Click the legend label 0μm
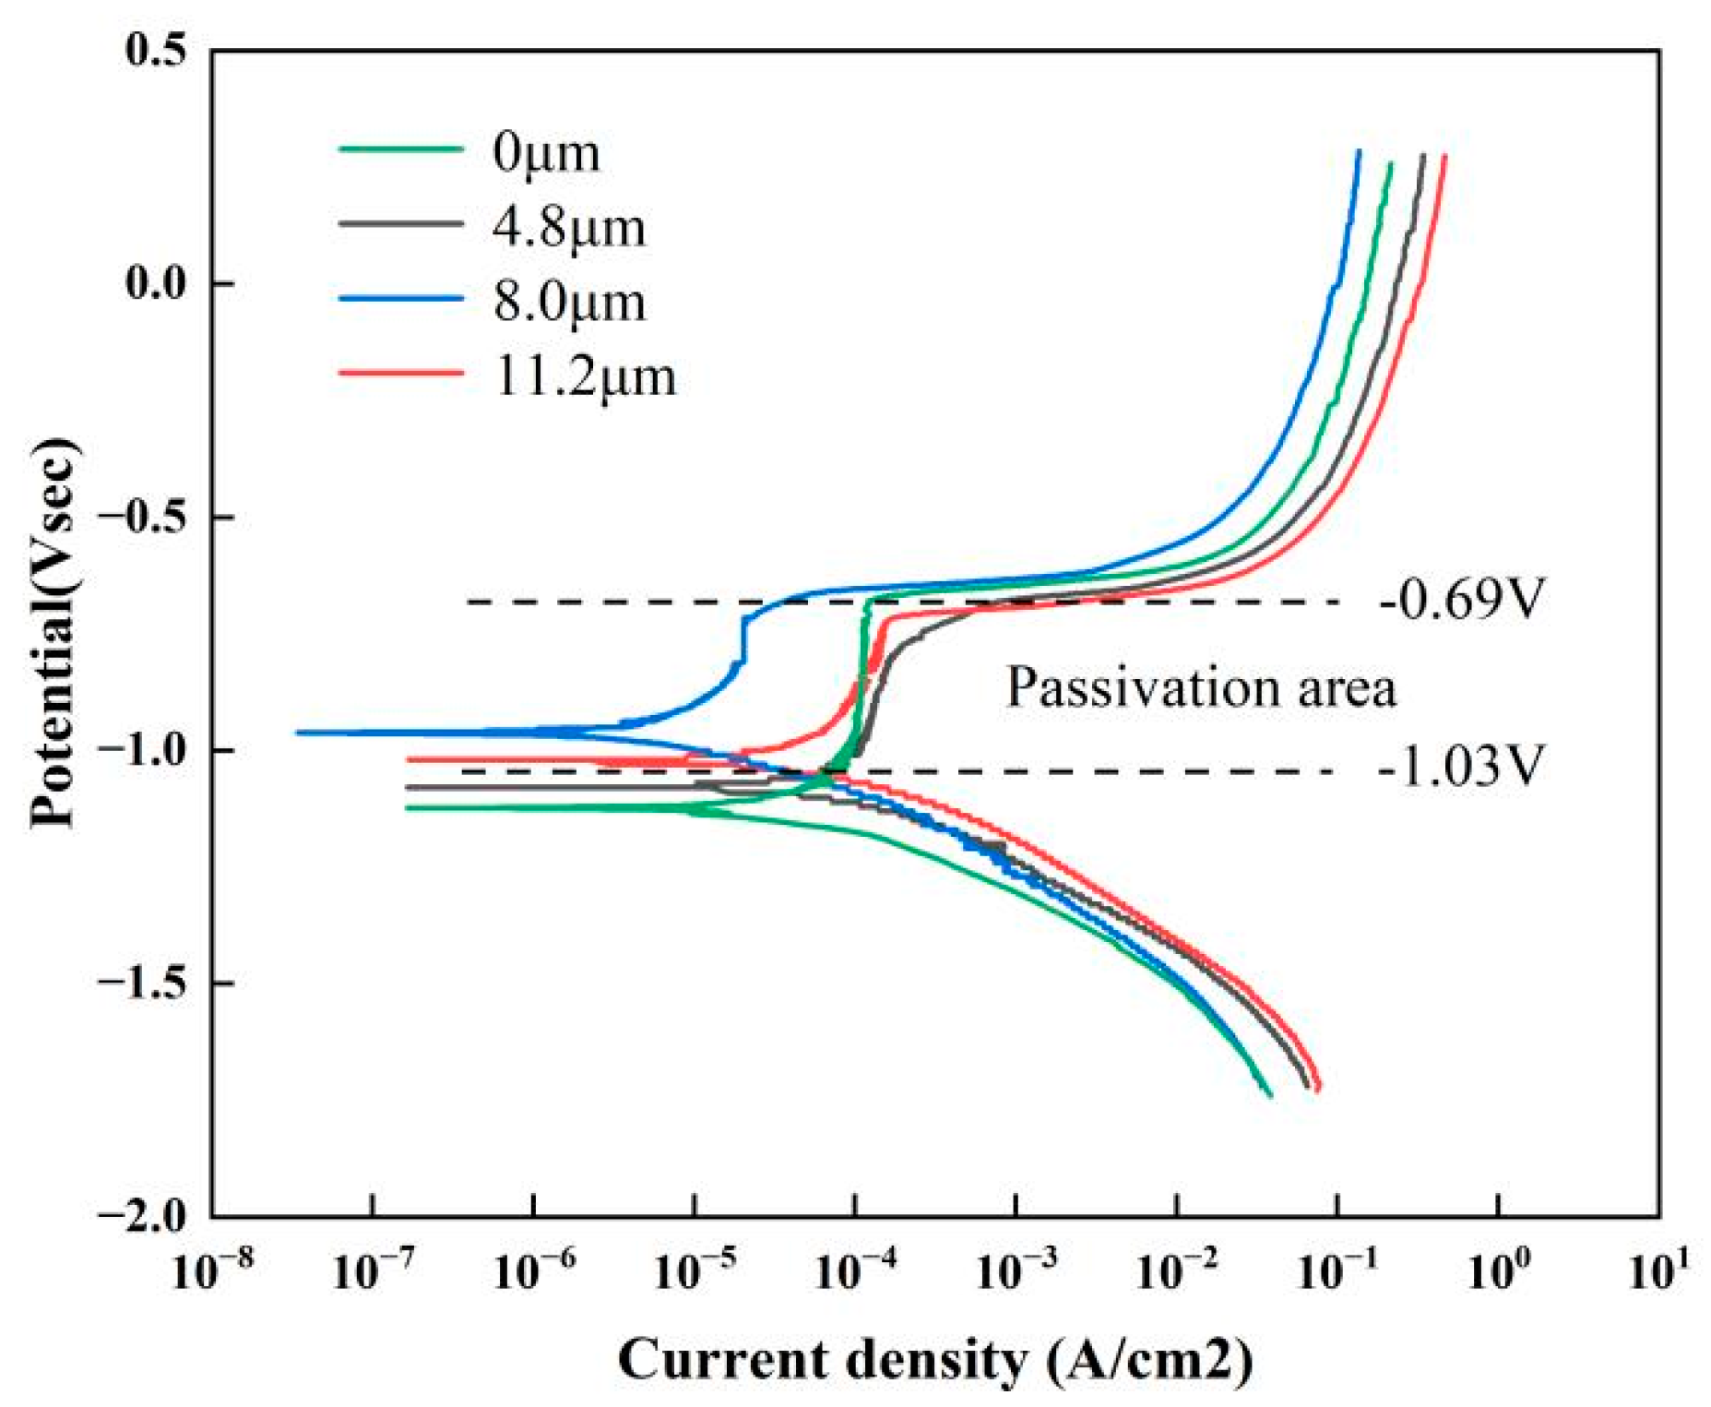(546, 152)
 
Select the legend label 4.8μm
(569, 227)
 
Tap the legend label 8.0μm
(569, 302)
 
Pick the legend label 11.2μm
(585, 376)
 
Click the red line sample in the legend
(401, 373)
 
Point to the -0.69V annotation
(1460, 600)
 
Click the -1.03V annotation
(1460, 767)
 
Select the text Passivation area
(1201, 687)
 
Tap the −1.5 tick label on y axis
(140, 984)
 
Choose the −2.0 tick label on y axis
(140, 1216)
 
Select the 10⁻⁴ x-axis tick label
(856, 1271)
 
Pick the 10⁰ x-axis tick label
(1499, 1271)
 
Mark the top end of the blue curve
(1358, 151)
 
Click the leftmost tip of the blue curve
(297, 733)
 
